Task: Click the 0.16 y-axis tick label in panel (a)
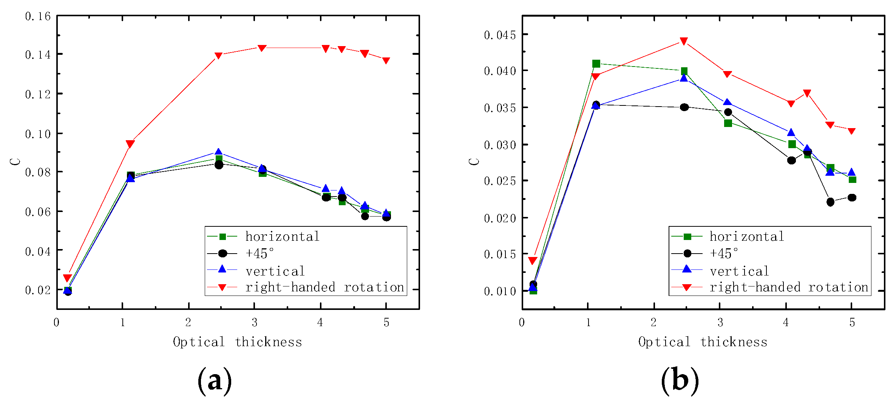(x=38, y=16)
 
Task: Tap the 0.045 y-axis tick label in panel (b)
(x=500, y=35)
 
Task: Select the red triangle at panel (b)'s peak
(x=684, y=41)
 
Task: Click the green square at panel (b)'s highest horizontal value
(x=596, y=63)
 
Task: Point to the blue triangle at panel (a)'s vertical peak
(x=218, y=152)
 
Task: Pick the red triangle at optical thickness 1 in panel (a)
(x=130, y=144)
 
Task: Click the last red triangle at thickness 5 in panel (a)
(x=386, y=60)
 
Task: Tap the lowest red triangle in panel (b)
(x=533, y=261)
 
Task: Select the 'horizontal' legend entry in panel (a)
(x=282, y=237)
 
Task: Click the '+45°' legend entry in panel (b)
(x=723, y=253)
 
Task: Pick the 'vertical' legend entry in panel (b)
(x=739, y=271)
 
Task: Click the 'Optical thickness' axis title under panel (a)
(x=238, y=342)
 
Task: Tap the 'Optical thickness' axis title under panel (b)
(x=703, y=342)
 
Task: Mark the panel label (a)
(x=215, y=381)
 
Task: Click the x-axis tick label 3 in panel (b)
(x=720, y=322)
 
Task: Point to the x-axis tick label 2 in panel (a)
(x=188, y=322)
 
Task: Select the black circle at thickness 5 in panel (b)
(x=852, y=198)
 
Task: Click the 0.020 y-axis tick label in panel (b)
(x=500, y=218)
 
